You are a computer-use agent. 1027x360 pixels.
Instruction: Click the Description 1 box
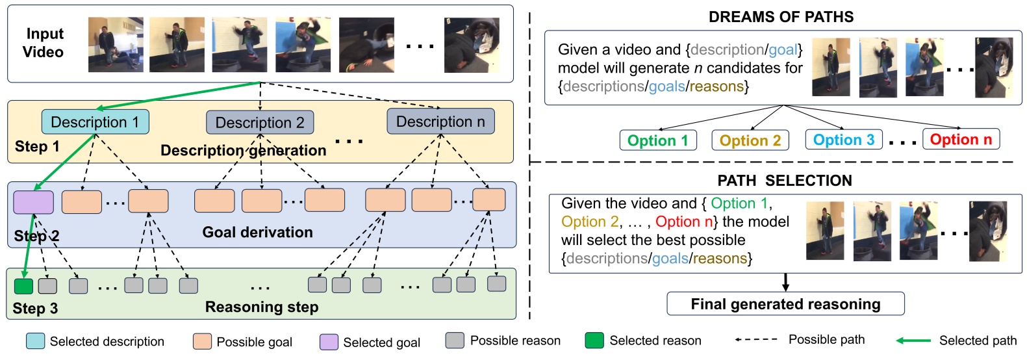[95, 122]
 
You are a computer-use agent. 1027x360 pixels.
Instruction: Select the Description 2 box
[260, 123]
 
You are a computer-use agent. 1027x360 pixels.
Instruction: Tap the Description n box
[440, 122]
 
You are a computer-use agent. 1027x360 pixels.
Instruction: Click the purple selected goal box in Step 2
[33, 202]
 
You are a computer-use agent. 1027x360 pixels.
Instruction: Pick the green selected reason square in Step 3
[23, 286]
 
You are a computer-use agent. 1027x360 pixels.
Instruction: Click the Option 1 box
[657, 140]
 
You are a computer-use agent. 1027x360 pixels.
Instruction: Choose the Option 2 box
[750, 140]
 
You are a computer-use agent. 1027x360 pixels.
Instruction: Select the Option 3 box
[843, 140]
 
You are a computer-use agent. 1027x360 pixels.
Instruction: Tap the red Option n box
[961, 139]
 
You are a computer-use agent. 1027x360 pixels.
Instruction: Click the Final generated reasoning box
[785, 304]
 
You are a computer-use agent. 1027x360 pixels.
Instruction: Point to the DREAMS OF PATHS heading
[781, 17]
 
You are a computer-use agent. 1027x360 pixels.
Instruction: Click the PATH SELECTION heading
[784, 181]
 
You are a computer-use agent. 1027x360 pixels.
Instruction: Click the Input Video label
[44, 43]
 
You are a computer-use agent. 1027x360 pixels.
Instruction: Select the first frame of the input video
[116, 44]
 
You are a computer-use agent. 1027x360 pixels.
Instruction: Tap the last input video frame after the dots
[472, 45]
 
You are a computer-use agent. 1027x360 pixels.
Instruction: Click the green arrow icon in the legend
[913, 341]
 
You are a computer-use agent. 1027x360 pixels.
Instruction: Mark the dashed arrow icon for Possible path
[756, 340]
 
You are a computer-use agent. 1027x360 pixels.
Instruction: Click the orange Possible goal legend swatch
[202, 341]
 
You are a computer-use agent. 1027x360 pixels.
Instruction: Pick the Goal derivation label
[257, 233]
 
